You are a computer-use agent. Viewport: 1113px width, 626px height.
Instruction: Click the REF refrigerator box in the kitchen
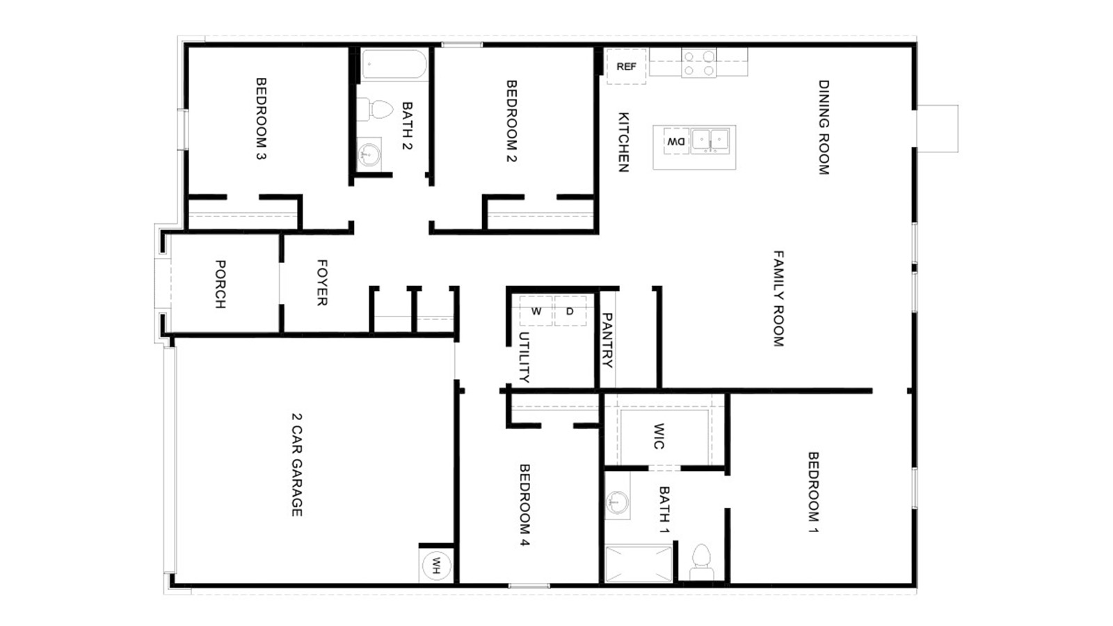pyautogui.click(x=626, y=67)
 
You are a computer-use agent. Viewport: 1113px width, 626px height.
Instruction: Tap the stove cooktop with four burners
pyautogui.click(x=698, y=63)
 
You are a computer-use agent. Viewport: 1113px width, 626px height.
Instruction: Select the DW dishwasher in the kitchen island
pyautogui.click(x=676, y=141)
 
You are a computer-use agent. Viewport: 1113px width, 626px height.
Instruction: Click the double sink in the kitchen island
pyautogui.click(x=710, y=141)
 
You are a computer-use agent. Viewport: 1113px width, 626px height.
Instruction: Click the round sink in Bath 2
pyautogui.click(x=369, y=153)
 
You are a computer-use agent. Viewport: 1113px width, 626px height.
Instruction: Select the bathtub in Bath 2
pyautogui.click(x=394, y=65)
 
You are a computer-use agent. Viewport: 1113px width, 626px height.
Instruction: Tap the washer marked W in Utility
pyautogui.click(x=536, y=311)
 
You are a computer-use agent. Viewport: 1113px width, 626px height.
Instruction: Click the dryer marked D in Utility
pyautogui.click(x=570, y=311)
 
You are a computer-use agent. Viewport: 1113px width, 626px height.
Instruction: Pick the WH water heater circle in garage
pyautogui.click(x=436, y=566)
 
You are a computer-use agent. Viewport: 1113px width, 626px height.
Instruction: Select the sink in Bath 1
pyautogui.click(x=616, y=501)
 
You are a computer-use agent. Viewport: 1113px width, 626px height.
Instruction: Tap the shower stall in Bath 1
pyautogui.click(x=638, y=563)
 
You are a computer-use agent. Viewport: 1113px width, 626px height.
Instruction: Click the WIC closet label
pyautogui.click(x=659, y=436)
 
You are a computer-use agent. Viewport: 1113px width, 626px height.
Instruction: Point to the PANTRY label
pyautogui.click(x=607, y=340)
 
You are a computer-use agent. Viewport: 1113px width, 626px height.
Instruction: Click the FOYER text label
pyautogui.click(x=322, y=282)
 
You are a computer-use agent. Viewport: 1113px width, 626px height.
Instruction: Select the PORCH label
pyautogui.click(x=220, y=284)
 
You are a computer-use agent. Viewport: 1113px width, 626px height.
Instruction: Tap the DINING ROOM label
pyautogui.click(x=824, y=127)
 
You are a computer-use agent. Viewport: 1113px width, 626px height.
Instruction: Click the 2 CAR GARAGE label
pyautogui.click(x=297, y=465)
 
